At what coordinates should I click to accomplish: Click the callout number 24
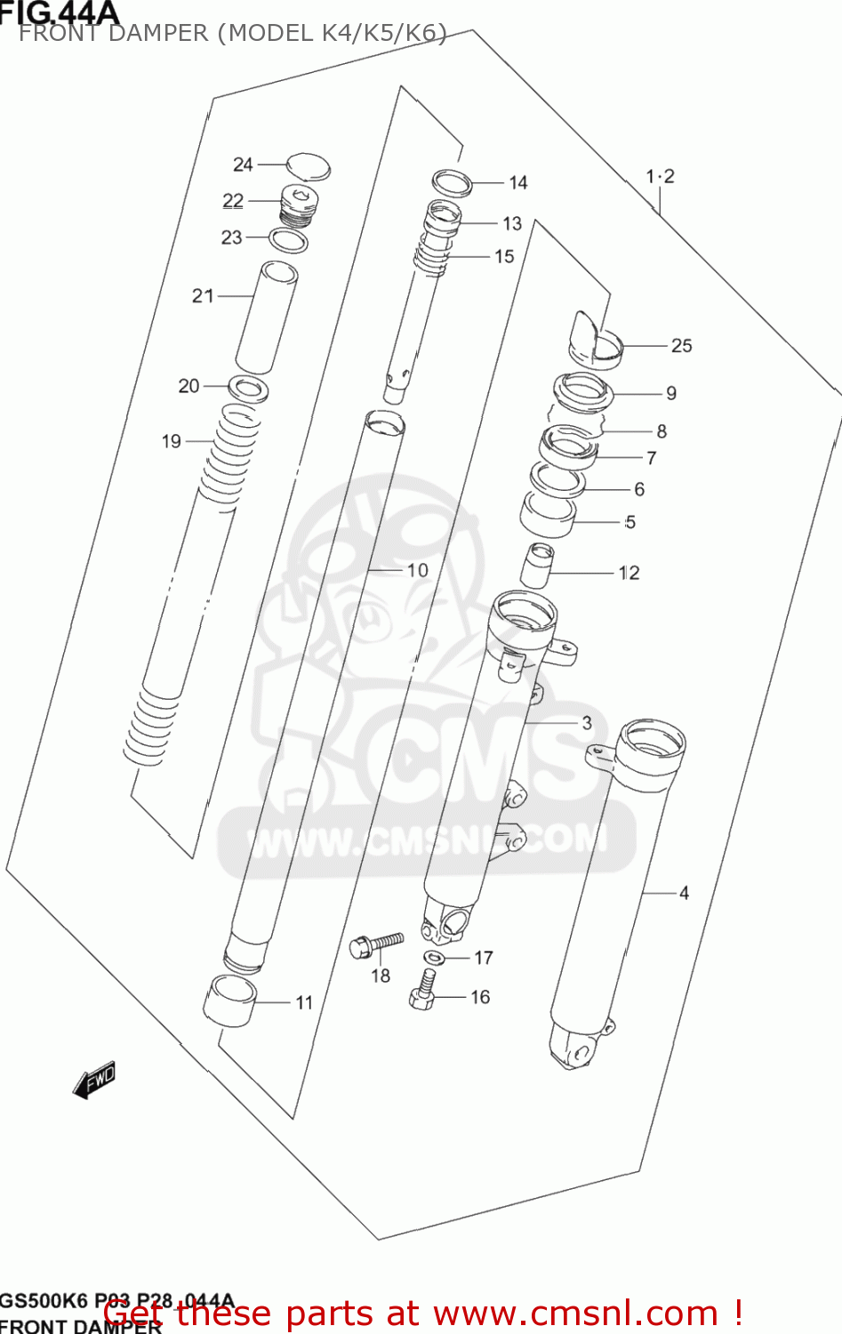(243, 165)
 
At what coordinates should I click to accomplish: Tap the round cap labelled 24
(308, 167)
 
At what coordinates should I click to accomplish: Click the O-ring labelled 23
(289, 239)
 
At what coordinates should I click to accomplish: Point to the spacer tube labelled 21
(266, 317)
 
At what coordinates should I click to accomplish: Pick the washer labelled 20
(249, 389)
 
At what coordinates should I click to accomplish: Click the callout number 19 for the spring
(172, 441)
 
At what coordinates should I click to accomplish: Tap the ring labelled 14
(452, 182)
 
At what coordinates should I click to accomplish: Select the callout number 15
(504, 256)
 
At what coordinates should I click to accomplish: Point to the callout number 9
(671, 393)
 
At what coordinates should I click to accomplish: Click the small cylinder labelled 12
(537, 566)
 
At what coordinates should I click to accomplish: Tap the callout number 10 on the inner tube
(417, 570)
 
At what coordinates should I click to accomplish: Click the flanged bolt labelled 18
(376, 944)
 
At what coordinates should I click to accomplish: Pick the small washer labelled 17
(435, 958)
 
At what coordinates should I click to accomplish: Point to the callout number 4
(684, 892)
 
